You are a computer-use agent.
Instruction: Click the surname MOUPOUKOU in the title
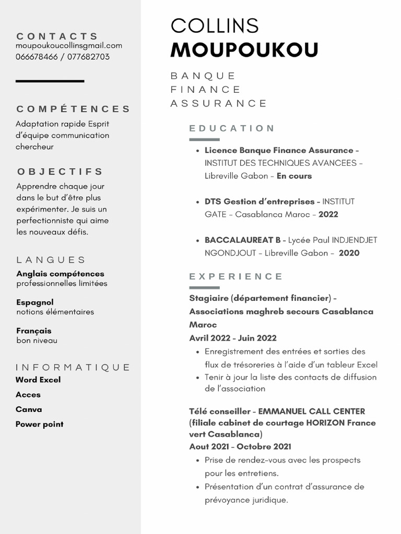coord(244,50)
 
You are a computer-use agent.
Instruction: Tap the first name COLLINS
coord(215,26)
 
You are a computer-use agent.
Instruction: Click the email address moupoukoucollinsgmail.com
coord(69,46)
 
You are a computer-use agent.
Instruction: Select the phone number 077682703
coord(88,57)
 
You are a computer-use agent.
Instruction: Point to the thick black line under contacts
coord(50,81)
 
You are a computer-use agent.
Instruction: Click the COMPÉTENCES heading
coord(74,109)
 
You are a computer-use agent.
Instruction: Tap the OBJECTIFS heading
coord(60,172)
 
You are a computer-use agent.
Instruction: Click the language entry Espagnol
coord(35,302)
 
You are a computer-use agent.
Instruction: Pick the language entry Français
coord(34,331)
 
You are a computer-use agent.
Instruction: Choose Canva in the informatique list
coord(29,409)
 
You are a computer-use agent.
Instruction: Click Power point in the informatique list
coord(40,424)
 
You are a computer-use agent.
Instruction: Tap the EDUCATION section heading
coord(232,128)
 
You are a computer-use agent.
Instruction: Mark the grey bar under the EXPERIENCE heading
coord(204,287)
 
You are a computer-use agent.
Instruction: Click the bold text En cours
coord(294,176)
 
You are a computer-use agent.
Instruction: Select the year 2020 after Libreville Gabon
coord(349,253)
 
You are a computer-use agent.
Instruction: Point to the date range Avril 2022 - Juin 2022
coord(233,338)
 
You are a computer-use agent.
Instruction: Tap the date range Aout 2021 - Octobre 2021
coord(240,447)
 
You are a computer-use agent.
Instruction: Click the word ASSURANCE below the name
coord(219,103)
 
